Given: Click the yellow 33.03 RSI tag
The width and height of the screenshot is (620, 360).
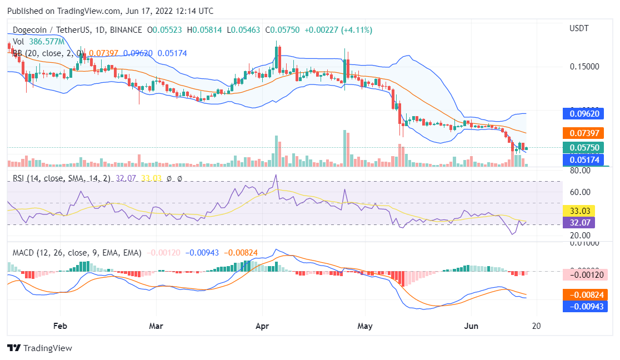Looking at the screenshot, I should tap(578, 211).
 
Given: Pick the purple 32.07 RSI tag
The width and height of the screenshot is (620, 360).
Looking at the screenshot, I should tap(578, 223).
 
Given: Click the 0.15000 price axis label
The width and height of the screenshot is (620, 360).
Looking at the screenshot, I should tap(584, 67).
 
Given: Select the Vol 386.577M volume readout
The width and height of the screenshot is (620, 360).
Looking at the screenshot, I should tap(39, 42).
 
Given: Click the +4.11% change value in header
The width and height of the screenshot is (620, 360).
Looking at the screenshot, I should tap(358, 29).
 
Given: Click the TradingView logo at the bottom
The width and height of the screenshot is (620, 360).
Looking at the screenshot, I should tap(40, 348).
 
